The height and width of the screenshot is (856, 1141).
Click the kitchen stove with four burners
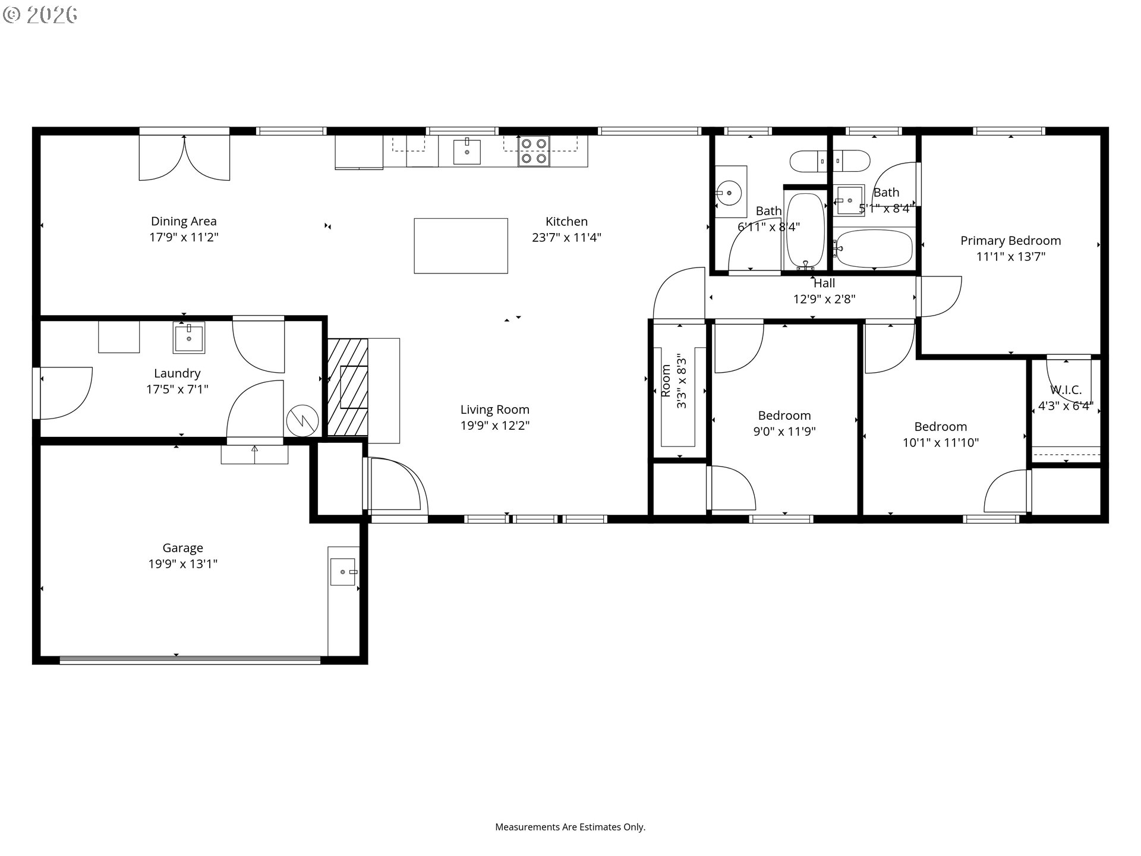[x=533, y=151]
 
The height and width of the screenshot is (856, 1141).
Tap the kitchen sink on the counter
[x=467, y=151]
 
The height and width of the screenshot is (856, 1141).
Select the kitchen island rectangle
[x=461, y=246]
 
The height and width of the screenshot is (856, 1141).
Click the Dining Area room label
[x=184, y=221]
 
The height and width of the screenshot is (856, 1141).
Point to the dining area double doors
[x=184, y=158]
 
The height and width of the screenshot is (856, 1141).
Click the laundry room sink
[x=189, y=338]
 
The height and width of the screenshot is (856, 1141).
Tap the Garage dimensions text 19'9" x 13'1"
[x=183, y=564]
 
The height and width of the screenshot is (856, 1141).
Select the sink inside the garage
[x=343, y=572]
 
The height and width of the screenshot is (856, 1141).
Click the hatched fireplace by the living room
[x=348, y=387]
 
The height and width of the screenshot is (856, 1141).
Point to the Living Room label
[x=495, y=410]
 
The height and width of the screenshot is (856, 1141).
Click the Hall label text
[x=824, y=284]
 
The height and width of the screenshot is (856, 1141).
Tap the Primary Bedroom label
[x=1011, y=241]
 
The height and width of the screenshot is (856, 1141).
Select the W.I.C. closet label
[x=1066, y=390]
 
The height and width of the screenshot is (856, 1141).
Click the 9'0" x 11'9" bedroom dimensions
[x=784, y=432]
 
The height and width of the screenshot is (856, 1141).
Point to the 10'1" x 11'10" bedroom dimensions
[x=941, y=442]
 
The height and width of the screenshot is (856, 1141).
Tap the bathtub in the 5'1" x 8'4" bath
[x=874, y=248]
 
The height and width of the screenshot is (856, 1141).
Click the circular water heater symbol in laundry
[x=302, y=421]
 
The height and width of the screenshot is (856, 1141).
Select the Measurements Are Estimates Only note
[x=570, y=827]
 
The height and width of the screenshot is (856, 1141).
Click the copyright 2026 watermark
[x=40, y=15]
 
